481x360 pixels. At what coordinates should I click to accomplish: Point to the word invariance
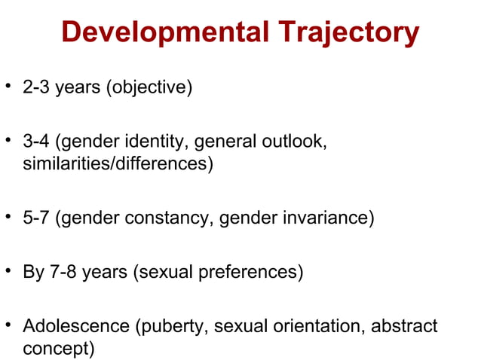click(328, 218)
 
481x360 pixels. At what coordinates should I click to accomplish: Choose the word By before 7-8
click(33, 273)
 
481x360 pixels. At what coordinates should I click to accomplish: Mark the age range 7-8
click(63, 273)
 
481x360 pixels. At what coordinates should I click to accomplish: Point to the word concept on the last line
click(57, 349)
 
